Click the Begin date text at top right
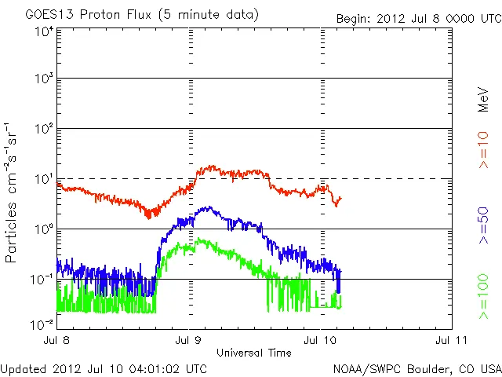pos(418,18)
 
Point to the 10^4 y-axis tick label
pos(43,32)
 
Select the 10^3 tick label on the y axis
pos(43,80)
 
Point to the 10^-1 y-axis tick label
pos(42,280)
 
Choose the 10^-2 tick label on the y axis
pos(42,323)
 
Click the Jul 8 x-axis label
pos(57,341)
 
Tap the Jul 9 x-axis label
pos(189,341)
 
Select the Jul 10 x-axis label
pos(320,341)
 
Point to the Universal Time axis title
pos(253,353)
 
